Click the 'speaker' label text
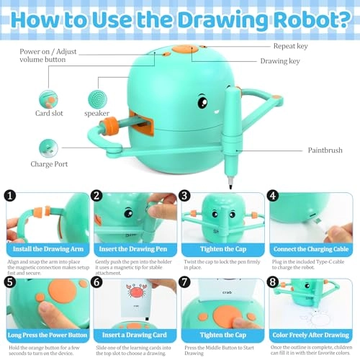click(97, 113)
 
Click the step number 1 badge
click(9, 194)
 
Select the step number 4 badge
click(272, 194)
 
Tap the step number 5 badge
click(9, 283)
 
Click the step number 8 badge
click(272, 283)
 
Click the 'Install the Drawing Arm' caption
click(46, 249)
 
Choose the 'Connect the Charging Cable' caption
click(311, 249)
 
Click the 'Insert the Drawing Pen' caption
click(134, 249)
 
